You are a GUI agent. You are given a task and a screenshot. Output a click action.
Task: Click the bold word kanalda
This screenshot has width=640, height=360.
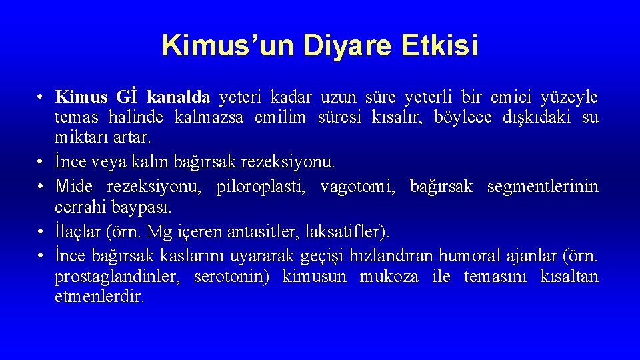[x=178, y=97]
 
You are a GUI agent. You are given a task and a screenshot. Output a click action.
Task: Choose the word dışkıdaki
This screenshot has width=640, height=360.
[x=532, y=118]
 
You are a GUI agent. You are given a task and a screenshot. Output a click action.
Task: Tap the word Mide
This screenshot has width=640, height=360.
[x=73, y=187]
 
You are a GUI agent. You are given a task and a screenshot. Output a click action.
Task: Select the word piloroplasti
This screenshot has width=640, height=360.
[x=259, y=187]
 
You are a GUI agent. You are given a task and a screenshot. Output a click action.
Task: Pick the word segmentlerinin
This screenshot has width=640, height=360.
[x=543, y=187]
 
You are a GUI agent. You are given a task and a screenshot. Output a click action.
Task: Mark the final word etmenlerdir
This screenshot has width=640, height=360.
[x=99, y=297]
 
